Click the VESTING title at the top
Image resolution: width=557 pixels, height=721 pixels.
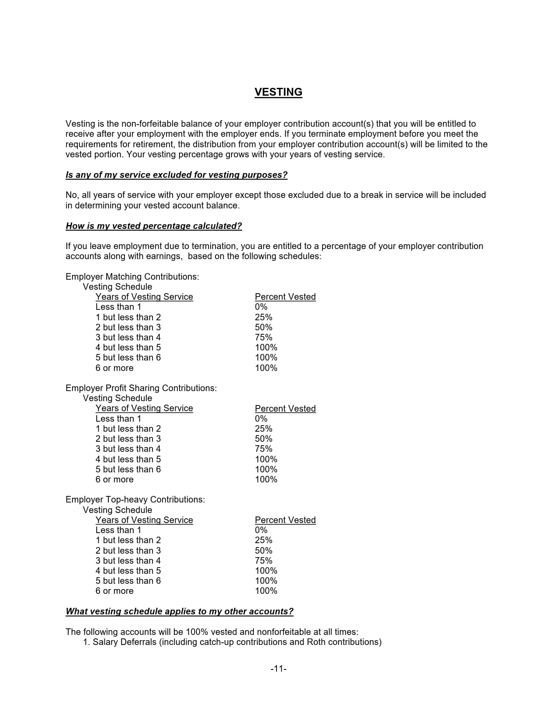click(278, 92)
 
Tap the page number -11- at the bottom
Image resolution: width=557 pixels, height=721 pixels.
click(278, 669)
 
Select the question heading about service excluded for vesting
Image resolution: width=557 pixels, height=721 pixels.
click(176, 175)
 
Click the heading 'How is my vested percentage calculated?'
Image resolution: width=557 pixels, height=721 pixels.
click(154, 226)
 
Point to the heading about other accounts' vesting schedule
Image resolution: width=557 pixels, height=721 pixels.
click(180, 611)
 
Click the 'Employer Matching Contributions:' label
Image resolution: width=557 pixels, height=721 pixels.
click(132, 277)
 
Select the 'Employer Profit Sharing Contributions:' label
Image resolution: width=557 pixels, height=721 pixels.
click(141, 388)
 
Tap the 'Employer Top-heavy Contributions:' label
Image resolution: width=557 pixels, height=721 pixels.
click(135, 499)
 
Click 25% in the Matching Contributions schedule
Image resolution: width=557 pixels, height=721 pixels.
click(263, 317)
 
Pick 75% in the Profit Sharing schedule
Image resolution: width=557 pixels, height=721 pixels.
click(263, 449)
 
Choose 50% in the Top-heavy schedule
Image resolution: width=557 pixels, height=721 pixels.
click(263, 551)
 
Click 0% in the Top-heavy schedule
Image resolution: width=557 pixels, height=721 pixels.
click(261, 530)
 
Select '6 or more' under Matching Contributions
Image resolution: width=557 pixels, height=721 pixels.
click(114, 368)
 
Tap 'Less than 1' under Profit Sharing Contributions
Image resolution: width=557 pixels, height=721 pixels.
click(118, 419)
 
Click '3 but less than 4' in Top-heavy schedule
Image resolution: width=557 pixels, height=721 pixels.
click(128, 561)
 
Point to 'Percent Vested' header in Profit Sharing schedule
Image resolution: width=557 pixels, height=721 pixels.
click(285, 409)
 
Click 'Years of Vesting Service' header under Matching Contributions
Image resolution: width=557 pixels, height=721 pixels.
click(144, 297)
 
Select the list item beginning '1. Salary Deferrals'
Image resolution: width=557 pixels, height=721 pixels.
click(232, 642)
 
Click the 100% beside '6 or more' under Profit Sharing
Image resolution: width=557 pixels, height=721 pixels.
click(266, 479)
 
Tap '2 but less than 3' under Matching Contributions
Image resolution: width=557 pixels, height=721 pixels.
click(128, 327)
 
